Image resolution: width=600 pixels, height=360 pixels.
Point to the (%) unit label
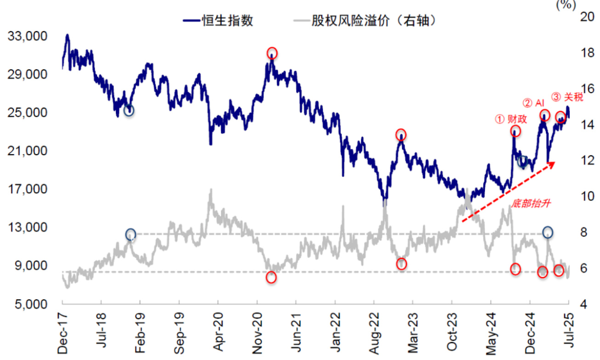(x=566, y=5)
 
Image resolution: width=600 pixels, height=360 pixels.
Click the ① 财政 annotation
(x=511, y=119)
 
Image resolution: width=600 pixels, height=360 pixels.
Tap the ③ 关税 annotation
(x=567, y=97)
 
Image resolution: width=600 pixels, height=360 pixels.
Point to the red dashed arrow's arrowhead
(x=554, y=163)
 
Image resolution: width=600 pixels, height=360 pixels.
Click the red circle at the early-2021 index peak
(x=272, y=52)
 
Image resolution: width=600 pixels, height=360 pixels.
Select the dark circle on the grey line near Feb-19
(x=131, y=234)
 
